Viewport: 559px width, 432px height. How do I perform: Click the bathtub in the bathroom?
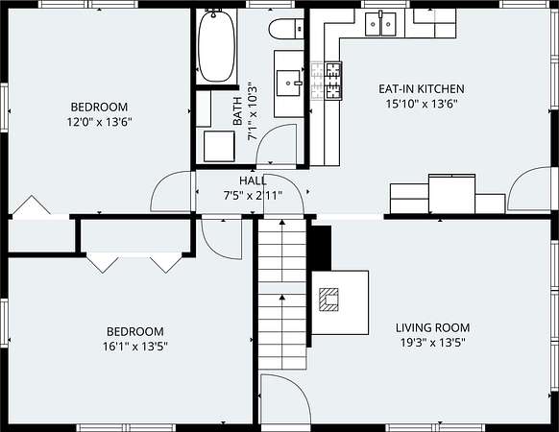tap(216, 46)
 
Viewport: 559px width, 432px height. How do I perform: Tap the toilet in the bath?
tap(286, 29)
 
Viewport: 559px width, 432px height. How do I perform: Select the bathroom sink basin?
tap(289, 83)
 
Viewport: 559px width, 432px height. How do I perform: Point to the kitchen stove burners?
tap(333, 81)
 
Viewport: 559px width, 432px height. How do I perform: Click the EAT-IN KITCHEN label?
tap(422, 88)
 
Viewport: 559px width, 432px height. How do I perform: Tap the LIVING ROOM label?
tap(433, 327)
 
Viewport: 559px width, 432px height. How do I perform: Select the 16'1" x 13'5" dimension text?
tap(135, 347)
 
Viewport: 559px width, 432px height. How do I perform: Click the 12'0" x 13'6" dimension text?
tap(100, 122)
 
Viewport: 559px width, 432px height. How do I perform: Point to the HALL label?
tap(253, 180)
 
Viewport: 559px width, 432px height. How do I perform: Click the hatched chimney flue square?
tap(328, 300)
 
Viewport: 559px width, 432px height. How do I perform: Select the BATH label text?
tap(237, 110)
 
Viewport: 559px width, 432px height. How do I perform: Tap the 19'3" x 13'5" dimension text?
tap(433, 343)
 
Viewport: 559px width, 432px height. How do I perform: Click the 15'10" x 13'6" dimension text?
tap(422, 104)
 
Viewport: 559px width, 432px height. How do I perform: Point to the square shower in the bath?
tap(219, 146)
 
